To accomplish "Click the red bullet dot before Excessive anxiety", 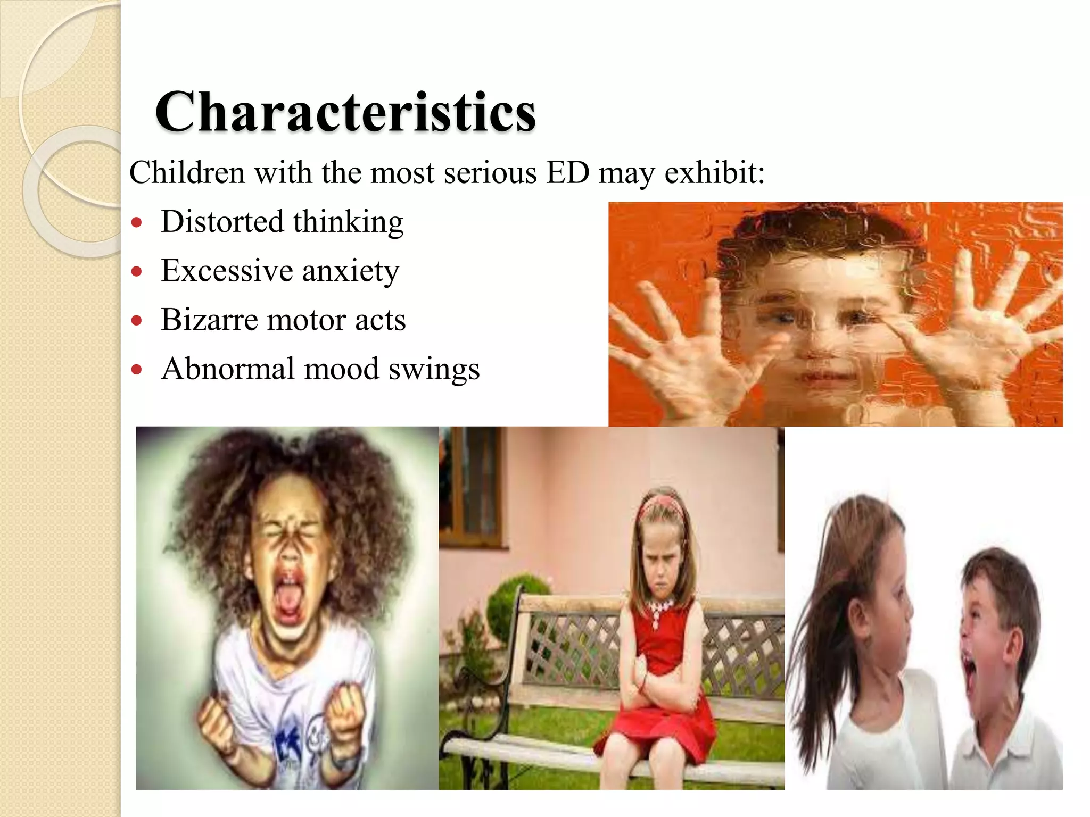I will point(137,272).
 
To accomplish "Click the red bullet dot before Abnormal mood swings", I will point(137,370).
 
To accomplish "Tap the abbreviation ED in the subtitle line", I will point(568,173).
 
